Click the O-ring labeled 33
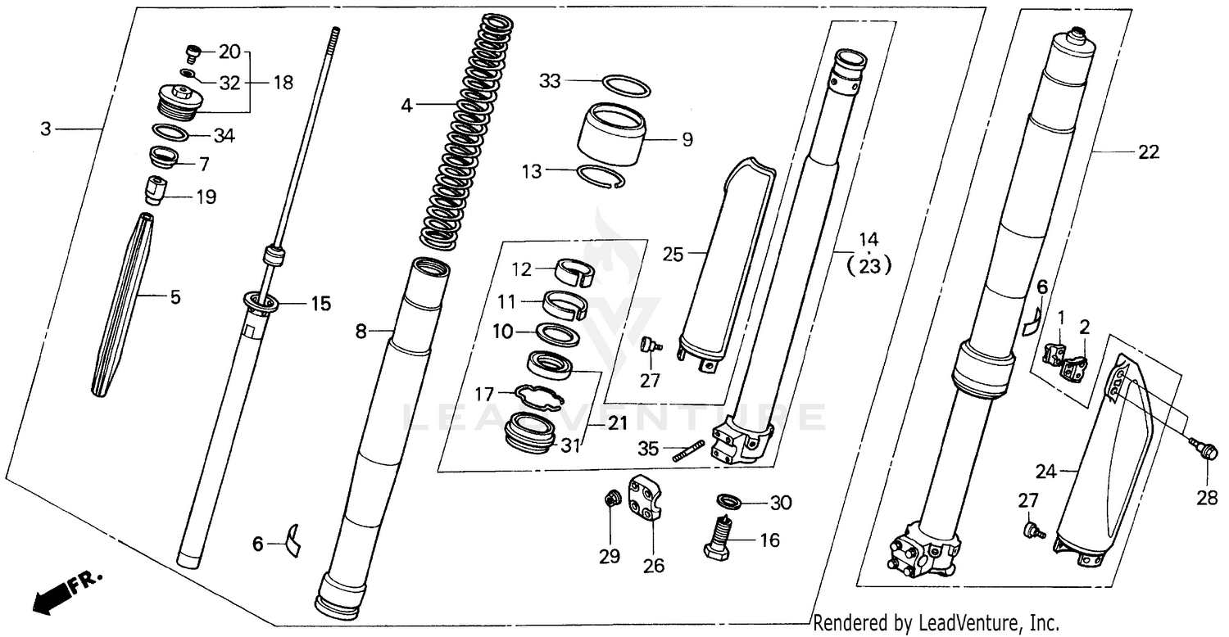tap(627, 86)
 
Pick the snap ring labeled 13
tap(602, 177)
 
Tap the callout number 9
tap(687, 139)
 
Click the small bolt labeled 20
tap(193, 54)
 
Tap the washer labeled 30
tap(727, 500)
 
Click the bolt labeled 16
tap(719, 540)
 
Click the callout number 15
tap(320, 305)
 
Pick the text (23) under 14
tap(868, 265)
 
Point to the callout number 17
tap(486, 393)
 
